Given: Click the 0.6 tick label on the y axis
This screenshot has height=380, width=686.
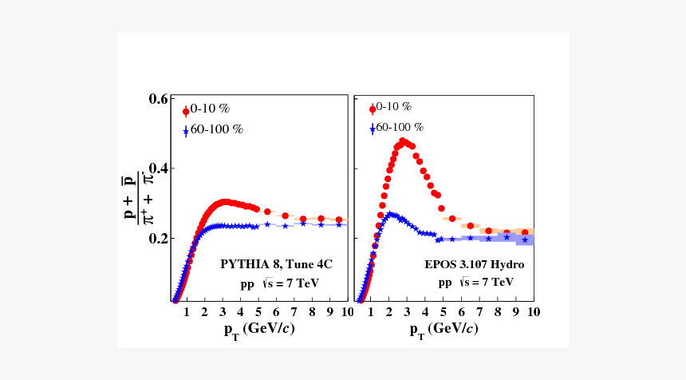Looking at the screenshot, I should [157, 99].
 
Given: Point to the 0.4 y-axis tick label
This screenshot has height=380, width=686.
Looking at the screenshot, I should [157, 168].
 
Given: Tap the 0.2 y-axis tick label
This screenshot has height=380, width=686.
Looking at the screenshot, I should [157, 238].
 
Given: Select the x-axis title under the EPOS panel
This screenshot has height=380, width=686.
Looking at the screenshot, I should [444, 330].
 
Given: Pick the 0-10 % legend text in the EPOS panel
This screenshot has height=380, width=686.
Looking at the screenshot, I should [393, 106].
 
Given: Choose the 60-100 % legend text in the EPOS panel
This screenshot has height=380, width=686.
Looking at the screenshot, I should [399, 127].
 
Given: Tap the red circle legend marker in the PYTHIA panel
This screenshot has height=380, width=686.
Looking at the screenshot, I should [186, 111].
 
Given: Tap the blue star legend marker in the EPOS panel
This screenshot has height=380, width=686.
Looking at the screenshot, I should [372, 128].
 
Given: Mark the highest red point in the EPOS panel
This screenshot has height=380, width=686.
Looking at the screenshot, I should [403, 141].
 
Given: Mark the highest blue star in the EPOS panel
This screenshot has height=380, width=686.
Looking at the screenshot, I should [390, 214].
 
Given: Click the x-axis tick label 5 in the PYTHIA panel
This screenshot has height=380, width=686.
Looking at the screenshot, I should [258, 311].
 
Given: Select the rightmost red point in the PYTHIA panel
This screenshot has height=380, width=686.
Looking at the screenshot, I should [339, 220].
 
